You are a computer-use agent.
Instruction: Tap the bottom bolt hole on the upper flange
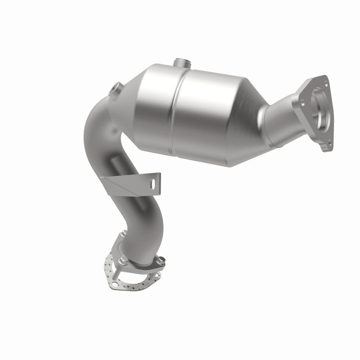point(329,144)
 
